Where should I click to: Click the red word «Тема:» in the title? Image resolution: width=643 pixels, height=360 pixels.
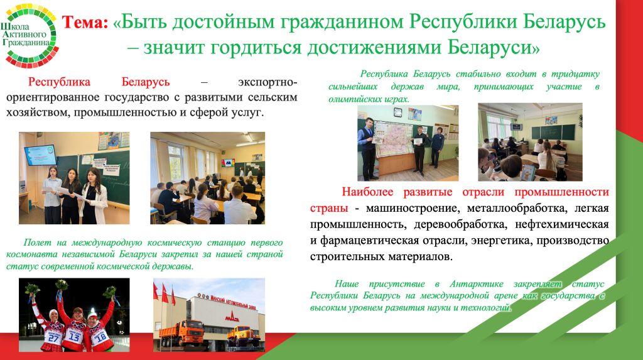point(85,23)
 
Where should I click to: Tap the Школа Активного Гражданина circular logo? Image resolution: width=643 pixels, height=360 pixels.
point(30,35)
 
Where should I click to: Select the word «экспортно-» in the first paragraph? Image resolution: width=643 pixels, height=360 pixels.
point(267,82)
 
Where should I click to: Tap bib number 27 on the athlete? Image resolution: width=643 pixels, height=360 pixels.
point(54,337)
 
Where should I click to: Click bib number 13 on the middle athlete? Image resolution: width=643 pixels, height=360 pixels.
point(75,337)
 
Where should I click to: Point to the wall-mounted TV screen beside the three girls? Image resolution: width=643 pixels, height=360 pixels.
point(40,155)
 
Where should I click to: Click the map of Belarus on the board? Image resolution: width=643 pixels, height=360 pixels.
point(395,139)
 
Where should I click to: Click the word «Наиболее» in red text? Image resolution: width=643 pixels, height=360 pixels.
point(367,192)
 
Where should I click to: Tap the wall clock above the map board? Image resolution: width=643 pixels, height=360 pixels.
point(397,112)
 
